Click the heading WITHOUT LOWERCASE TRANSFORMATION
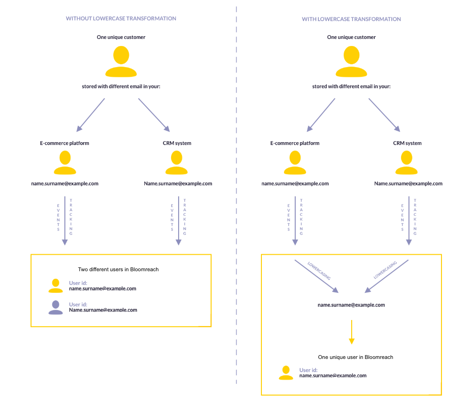pyautogui.click(x=121, y=19)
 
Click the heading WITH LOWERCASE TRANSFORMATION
pyautogui.click(x=351, y=19)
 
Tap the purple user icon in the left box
pyautogui.click(x=55, y=307)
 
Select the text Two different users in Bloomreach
pyautogui.click(x=118, y=270)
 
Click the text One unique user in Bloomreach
pyautogui.click(x=355, y=357)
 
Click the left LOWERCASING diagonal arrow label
pyautogui.click(x=319, y=271)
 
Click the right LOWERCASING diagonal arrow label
pyautogui.click(x=385, y=270)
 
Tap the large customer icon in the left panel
pyautogui.click(x=121, y=61)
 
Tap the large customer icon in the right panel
pyautogui.click(x=351, y=61)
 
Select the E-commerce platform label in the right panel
pyautogui.click(x=295, y=143)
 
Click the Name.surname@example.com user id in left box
pyautogui.click(x=103, y=310)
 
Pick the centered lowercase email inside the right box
pyautogui.click(x=351, y=305)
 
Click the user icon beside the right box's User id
pyautogui.click(x=286, y=373)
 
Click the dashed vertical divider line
pyautogui.click(x=236, y=202)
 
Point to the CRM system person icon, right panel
pyautogui.click(x=407, y=163)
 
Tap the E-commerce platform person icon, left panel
pyautogui.click(x=65, y=163)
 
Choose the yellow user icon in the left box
pyautogui.click(x=55, y=286)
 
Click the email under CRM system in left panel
pyautogui.click(x=178, y=183)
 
